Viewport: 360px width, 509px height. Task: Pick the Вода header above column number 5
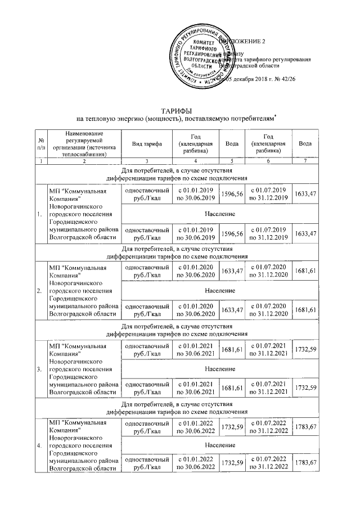(x=231, y=144)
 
